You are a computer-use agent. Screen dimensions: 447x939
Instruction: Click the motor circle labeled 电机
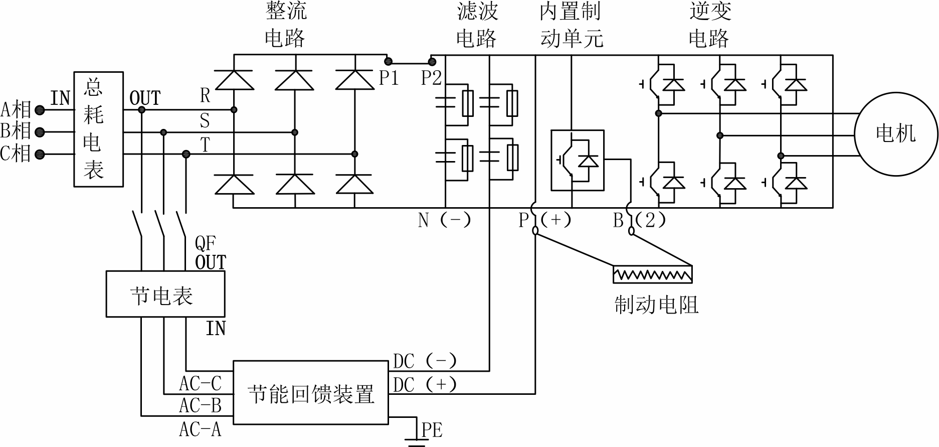[895, 133]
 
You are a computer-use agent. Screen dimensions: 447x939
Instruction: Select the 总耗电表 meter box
[99, 129]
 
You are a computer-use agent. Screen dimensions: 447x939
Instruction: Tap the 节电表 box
[165, 294]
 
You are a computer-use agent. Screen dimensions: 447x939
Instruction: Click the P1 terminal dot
[388, 62]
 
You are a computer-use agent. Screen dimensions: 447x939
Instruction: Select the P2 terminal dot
[431, 62]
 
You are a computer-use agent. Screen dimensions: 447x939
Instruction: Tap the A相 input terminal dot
[40, 110]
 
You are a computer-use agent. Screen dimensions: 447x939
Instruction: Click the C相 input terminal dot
[40, 155]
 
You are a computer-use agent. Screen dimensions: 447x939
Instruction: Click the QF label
[205, 244]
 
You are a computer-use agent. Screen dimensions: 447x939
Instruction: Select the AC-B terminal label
[200, 405]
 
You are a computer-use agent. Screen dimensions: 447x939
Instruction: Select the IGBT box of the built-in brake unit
[577, 161]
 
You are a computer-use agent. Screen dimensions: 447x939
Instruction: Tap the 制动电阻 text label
[656, 305]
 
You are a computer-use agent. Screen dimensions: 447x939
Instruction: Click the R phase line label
[205, 95]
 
